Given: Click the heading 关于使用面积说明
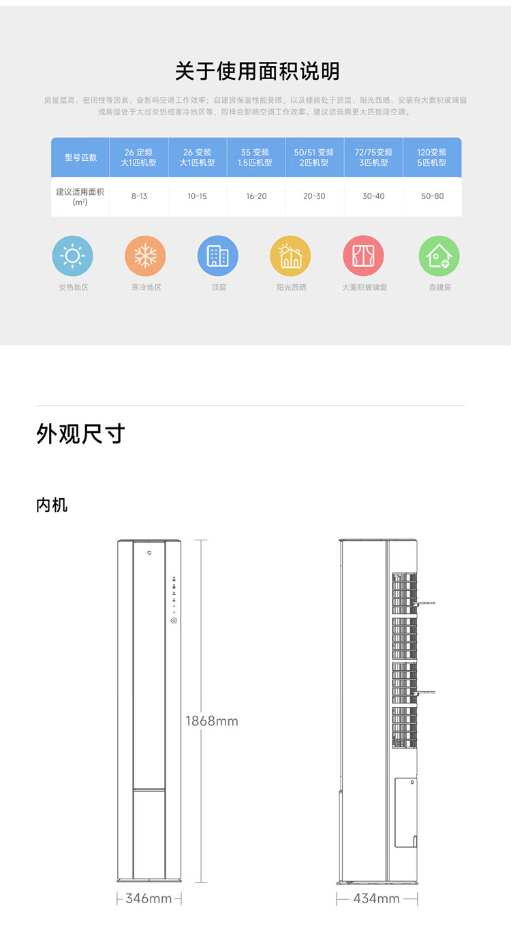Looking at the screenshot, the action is click(x=257, y=72).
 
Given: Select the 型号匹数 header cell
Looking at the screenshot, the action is click(x=80, y=157).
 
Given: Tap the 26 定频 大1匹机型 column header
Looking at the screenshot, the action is click(x=138, y=157).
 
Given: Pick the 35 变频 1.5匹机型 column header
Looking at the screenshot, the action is click(x=255, y=157).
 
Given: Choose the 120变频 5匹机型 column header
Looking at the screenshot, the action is click(x=432, y=157).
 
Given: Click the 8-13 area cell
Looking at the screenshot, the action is click(x=138, y=196).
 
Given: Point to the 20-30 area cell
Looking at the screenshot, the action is click(x=314, y=196).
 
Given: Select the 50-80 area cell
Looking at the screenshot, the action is click(x=432, y=196).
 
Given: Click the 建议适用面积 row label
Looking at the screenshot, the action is click(x=80, y=196).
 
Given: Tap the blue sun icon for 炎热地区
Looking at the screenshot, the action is click(x=73, y=256).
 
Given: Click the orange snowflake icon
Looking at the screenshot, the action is click(x=145, y=256).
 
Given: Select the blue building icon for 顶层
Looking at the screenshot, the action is click(x=218, y=256).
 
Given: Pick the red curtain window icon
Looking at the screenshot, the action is click(x=363, y=256).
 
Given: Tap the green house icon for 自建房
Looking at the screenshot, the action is click(x=439, y=256).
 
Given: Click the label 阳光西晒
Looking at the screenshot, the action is click(x=291, y=288).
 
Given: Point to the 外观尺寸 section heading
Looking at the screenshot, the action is click(x=80, y=434).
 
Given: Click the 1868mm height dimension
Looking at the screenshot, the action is click(x=212, y=721).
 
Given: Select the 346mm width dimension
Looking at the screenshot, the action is click(x=149, y=898).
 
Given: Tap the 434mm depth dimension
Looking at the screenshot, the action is click(x=376, y=898).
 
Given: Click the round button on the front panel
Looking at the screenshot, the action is click(x=174, y=620).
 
